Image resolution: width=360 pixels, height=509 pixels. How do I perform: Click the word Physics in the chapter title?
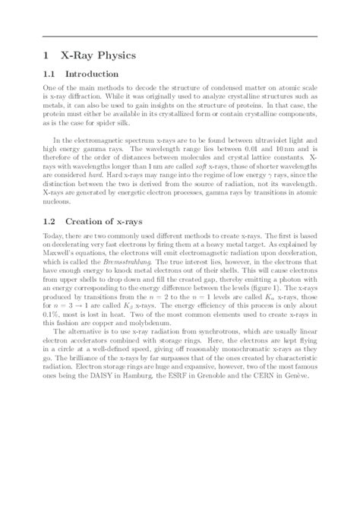point(121,55)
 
